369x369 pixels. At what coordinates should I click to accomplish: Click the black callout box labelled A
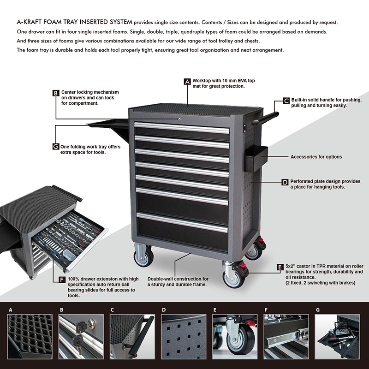187,82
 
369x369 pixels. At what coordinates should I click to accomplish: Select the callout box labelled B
56,93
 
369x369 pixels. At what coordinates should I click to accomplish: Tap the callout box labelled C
286,101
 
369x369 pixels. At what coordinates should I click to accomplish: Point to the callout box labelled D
285,182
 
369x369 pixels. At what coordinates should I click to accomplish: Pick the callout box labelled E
280,267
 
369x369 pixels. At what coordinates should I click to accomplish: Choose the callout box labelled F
62,280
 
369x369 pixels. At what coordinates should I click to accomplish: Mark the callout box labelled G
56,147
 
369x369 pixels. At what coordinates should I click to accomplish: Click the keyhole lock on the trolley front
179,119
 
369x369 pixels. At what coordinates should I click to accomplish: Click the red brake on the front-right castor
243,266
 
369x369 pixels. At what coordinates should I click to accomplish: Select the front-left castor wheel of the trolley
143,257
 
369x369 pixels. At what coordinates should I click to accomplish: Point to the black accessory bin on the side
256,158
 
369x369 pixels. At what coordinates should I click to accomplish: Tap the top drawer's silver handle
181,127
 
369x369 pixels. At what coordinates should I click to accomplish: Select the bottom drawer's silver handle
182,222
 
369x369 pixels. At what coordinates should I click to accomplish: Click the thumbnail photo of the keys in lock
81,337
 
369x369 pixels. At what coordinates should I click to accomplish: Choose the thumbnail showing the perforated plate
184,337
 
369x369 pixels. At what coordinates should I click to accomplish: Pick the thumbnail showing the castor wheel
235,337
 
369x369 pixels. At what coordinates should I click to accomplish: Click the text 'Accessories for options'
316,157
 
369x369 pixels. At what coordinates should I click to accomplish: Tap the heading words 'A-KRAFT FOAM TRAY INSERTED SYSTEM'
75,22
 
